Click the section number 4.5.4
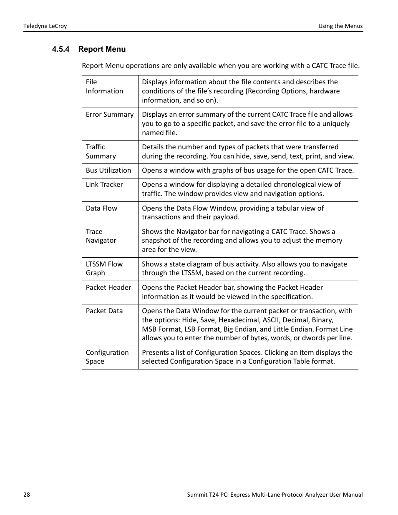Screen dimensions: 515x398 60,49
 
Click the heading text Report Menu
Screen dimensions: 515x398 102,49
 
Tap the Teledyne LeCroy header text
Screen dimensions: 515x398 45,26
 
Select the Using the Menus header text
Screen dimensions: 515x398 340,26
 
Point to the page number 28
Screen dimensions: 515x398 27,495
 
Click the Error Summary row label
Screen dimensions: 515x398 110,114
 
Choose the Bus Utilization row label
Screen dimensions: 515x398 108,170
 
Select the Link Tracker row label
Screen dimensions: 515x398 104,184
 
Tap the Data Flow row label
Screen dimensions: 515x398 101,208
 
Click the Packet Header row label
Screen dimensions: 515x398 108,287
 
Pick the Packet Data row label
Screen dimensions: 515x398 104,311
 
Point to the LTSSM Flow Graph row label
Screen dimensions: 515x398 104,269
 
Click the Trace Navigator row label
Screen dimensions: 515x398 101,236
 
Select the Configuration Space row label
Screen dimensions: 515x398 107,357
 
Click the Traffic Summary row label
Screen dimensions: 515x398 101,151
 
